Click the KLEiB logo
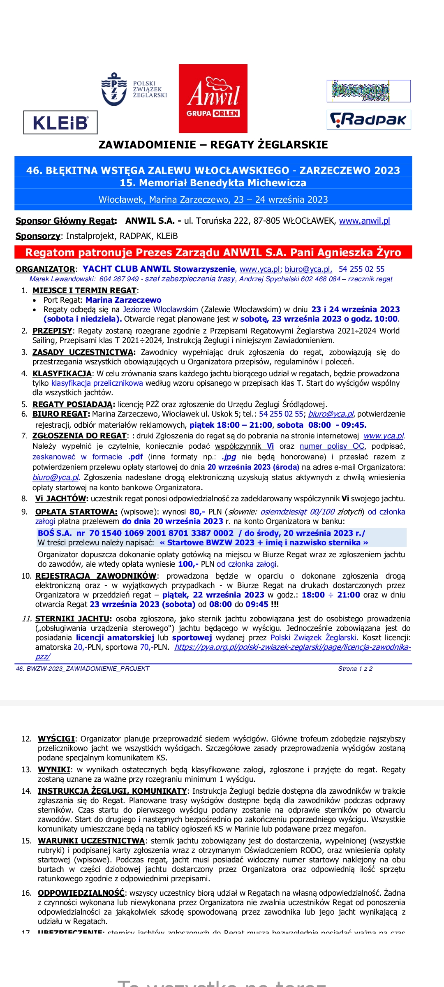[60, 123]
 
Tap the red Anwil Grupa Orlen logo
[213, 99]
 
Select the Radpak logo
[369, 120]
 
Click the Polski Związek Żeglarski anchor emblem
[114, 89]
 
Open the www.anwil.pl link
[364, 221]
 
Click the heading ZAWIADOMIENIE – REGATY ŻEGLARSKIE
[213, 145]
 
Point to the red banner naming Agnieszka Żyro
[213, 252]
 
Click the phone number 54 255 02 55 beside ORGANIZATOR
[361, 269]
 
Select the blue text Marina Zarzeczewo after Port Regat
[123, 300]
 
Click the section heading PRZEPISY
[52, 331]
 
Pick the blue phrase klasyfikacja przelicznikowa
[97, 383]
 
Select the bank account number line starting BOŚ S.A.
[201, 533]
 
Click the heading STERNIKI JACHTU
[73, 619]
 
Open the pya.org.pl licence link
[292, 647]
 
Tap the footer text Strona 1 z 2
[355, 669]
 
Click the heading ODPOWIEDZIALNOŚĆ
[81, 893]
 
